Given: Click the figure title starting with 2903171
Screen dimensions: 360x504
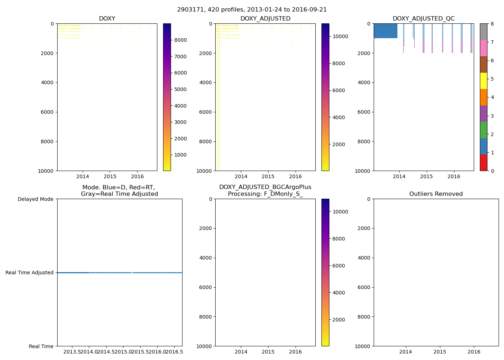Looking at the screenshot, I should click(x=252, y=10).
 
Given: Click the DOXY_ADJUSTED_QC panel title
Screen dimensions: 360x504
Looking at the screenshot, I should click(x=423, y=19).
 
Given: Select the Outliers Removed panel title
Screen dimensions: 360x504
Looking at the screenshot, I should click(x=436, y=194).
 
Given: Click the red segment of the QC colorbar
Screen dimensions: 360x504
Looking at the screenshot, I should click(x=483, y=163).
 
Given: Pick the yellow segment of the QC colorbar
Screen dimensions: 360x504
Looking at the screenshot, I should click(x=483, y=81).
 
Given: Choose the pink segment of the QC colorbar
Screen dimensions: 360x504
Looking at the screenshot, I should click(x=483, y=48).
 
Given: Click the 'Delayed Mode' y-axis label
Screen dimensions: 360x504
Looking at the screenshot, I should click(x=35, y=199).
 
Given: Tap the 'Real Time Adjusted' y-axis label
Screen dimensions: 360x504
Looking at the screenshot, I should click(x=30, y=273).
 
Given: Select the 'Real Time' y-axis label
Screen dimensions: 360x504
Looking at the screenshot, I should click(x=41, y=346).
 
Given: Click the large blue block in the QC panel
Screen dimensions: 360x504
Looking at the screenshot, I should click(x=386, y=31).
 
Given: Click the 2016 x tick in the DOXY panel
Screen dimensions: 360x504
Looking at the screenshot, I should click(x=137, y=176).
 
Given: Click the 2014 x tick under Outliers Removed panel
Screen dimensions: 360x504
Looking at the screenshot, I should click(x=406, y=352).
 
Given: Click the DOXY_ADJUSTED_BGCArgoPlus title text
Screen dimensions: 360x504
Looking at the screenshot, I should click(x=265, y=187).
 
